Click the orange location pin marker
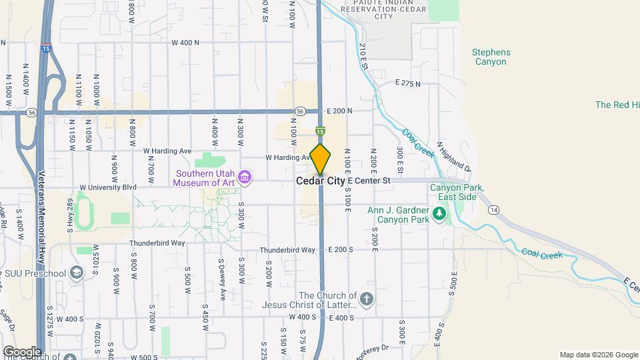pos(321,159)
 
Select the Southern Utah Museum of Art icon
pos(245,176)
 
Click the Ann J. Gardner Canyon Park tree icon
pos(439,213)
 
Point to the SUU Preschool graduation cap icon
pos(77,273)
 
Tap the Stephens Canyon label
pos(491,57)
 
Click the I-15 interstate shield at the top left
pos(45,48)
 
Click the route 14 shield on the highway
pos(493,210)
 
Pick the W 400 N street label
pos(185,43)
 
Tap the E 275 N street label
pos(408,83)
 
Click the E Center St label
pos(369,181)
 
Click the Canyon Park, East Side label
pos(456,192)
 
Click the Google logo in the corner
pos(22,351)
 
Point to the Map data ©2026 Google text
pos(598,355)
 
